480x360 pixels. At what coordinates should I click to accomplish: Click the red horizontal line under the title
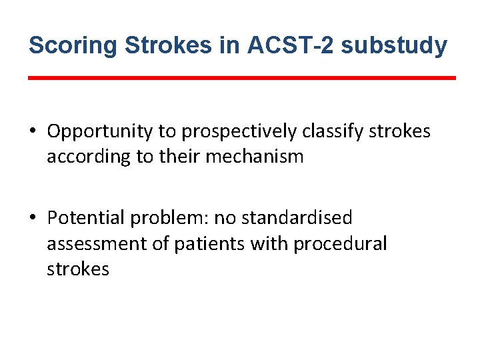coord(242,78)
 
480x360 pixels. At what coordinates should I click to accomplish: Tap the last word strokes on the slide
coord(77,270)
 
